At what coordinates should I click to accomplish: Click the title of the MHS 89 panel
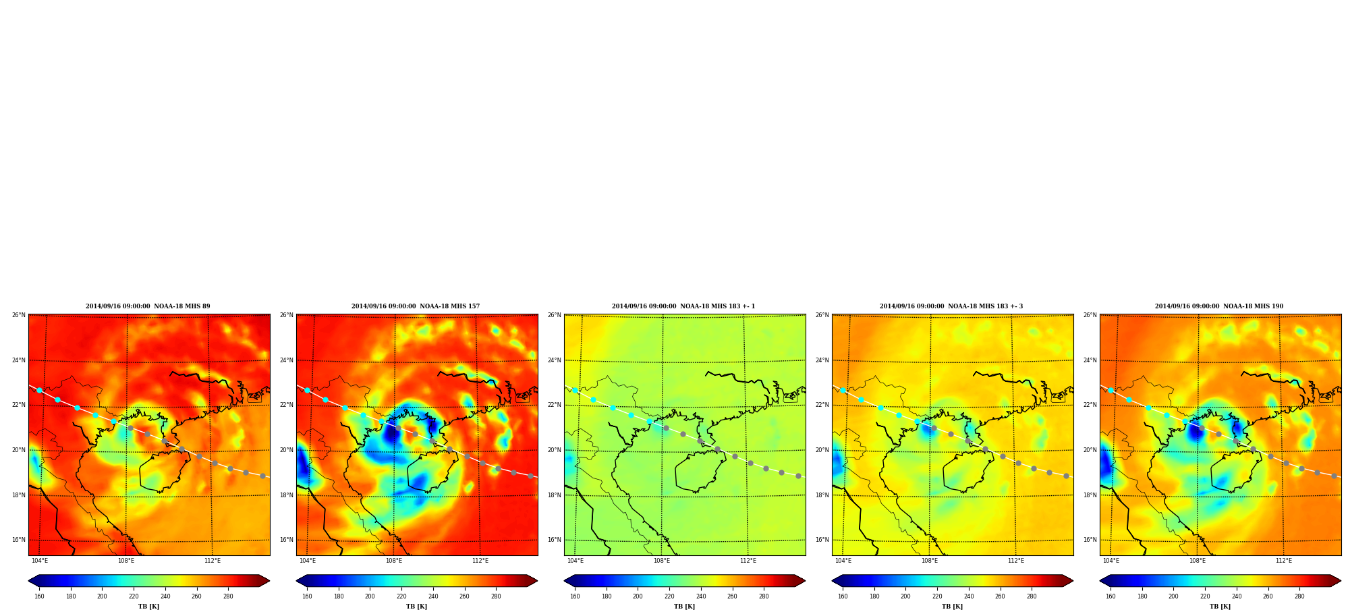pos(148,306)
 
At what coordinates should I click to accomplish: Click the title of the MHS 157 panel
pos(416,306)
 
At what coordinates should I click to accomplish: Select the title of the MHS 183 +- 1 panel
pos(683,306)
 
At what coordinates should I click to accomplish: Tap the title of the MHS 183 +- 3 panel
pos(951,306)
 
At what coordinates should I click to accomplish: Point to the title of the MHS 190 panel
pos(1219,306)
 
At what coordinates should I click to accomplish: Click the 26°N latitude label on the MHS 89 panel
pos(18,315)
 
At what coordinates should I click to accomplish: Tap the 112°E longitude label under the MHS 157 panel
pos(480,561)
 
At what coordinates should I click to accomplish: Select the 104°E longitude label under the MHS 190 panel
pos(1111,561)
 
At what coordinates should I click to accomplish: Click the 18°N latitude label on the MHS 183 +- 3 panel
pos(822,495)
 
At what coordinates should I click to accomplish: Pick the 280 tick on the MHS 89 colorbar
pos(228,596)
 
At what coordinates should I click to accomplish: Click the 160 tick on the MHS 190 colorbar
pos(1111,596)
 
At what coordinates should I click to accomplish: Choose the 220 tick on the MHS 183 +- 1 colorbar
pos(669,596)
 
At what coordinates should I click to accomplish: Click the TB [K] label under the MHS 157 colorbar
pos(416,607)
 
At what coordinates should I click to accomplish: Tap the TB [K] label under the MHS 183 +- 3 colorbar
pos(952,607)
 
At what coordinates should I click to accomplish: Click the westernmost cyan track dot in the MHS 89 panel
pos(39,391)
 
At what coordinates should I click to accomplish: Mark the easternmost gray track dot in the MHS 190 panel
pos(1334,476)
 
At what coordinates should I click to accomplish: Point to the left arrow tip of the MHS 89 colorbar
pos(28,581)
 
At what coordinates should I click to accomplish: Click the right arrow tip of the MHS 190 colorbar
pos(1341,581)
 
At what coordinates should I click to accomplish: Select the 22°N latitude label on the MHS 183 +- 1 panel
pos(554,405)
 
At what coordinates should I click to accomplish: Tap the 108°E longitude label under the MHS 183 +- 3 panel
pos(930,561)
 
